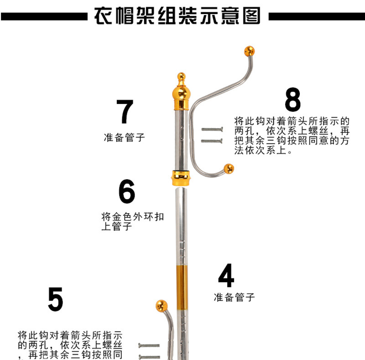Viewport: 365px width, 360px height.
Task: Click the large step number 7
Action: pyautogui.click(x=125, y=112)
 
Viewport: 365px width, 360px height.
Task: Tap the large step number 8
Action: pyautogui.click(x=292, y=100)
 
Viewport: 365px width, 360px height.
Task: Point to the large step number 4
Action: pyautogui.click(x=226, y=276)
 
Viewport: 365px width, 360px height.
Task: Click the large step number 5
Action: pyautogui.click(x=55, y=299)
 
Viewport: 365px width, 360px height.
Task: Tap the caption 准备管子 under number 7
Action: pyautogui.click(x=125, y=137)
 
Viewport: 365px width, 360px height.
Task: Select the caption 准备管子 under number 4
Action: pyautogui.click(x=234, y=298)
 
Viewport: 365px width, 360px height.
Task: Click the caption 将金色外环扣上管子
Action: pyautogui.click(x=132, y=221)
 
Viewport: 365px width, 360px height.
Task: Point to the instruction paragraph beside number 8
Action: pyautogui.click(x=292, y=135)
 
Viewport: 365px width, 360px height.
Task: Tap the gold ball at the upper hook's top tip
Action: pyautogui.click(x=250, y=51)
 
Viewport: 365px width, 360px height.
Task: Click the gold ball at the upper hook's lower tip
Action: pyautogui.click(x=229, y=169)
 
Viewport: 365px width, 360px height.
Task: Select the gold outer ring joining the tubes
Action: pyautogui.click(x=181, y=177)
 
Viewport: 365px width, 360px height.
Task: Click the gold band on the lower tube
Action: pyautogui.click(x=181, y=281)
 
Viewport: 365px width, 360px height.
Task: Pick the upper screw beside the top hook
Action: pyautogui.click(x=211, y=130)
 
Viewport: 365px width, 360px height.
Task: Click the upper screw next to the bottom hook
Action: pyautogui.click(x=149, y=346)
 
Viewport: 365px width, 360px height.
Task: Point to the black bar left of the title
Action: pyautogui.click(x=44, y=16)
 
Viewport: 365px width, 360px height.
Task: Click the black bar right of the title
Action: pyautogui.click(x=316, y=16)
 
